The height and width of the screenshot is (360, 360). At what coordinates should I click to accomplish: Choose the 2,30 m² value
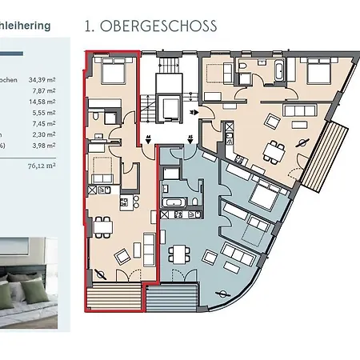click(46, 135)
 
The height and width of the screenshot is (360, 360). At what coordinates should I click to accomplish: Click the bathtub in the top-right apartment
click(274, 71)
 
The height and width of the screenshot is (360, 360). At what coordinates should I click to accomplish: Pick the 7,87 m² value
click(46, 91)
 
